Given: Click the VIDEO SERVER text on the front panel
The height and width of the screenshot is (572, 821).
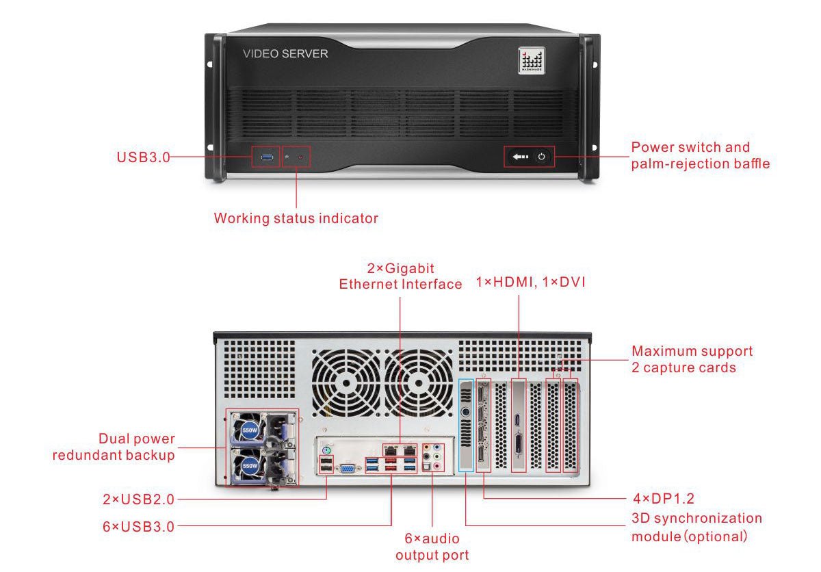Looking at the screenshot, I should (285, 53).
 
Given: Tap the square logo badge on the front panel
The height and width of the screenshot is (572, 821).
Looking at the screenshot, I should (531, 60).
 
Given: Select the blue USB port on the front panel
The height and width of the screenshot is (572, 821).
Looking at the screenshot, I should (265, 158).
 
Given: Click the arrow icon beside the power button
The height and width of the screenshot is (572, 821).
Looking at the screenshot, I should (520, 157).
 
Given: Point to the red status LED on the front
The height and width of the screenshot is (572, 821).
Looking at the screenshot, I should (300, 158).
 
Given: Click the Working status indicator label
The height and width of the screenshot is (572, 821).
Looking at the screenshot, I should (296, 218).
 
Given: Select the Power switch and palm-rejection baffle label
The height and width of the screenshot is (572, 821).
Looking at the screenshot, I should (700, 155).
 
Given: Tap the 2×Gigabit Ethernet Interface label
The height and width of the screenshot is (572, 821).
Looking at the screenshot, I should (400, 276).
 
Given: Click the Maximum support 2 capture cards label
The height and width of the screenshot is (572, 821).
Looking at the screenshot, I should (692, 359).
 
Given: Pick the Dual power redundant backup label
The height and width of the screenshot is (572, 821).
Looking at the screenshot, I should (114, 447).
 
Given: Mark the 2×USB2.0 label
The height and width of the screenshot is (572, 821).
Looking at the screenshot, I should (138, 499).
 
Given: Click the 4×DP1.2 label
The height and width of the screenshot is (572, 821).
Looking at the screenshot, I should (663, 498).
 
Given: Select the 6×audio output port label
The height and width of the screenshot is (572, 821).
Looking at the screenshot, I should (432, 547).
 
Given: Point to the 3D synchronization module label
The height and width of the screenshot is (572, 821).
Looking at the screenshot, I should (696, 527).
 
